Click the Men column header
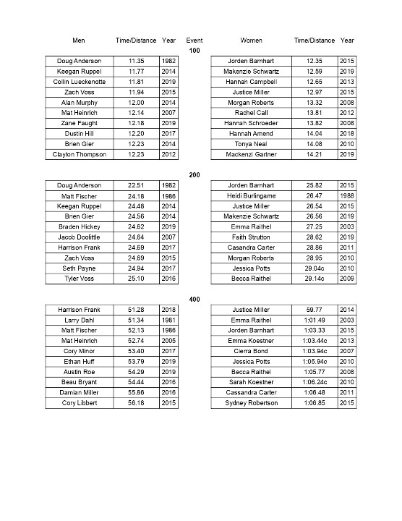click(79, 40)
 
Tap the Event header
click(194, 40)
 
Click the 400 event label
click(194, 299)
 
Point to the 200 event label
click(194, 174)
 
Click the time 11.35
click(137, 61)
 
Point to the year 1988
click(346, 196)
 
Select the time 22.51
click(137, 185)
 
